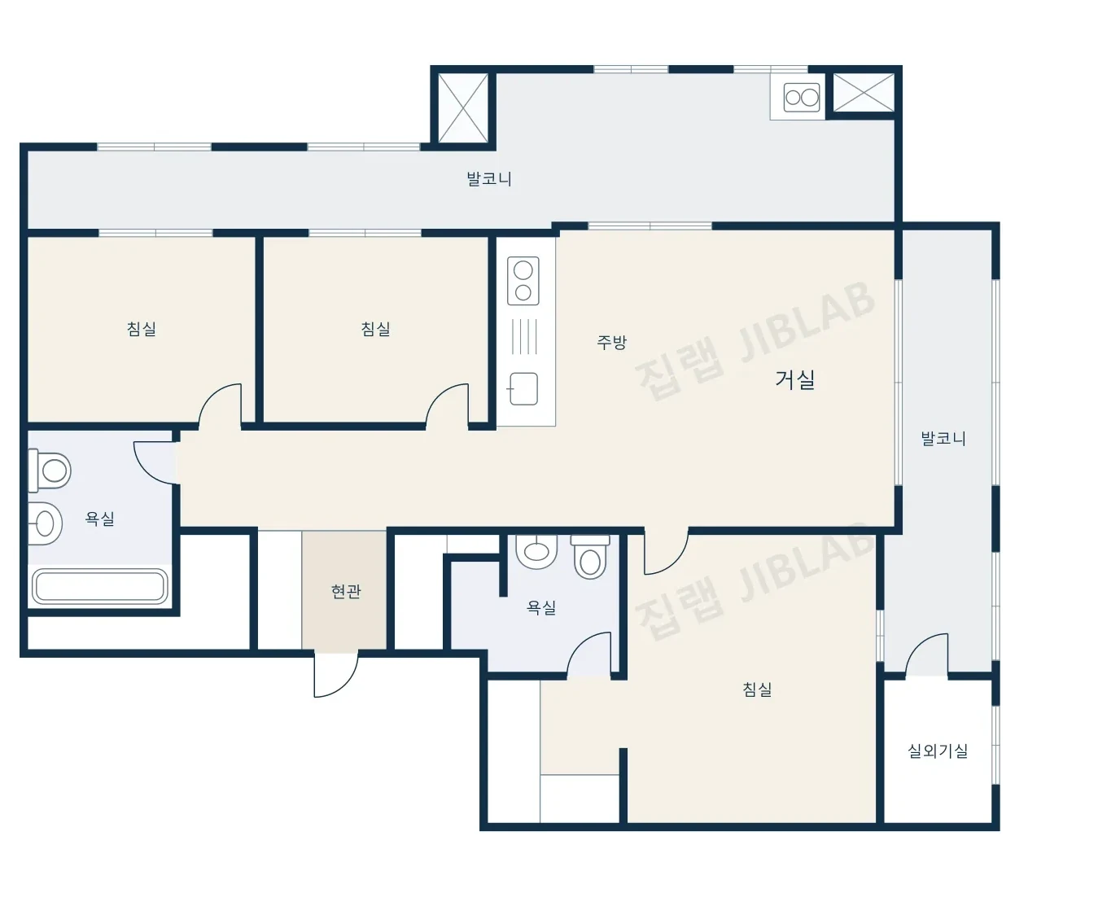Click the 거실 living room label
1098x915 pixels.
[x=794, y=379]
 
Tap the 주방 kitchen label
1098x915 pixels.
[x=611, y=343]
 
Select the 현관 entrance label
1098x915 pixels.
[x=346, y=592]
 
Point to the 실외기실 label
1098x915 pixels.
[x=938, y=751]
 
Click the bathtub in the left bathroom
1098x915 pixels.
[x=100, y=586]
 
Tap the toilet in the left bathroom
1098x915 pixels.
[x=50, y=471]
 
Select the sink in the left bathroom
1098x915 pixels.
[x=45, y=523]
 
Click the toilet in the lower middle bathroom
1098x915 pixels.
[x=590, y=556]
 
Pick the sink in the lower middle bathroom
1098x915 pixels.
[x=536, y=552]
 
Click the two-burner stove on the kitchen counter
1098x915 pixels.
[x=523, y=281]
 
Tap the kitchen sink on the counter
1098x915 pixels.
[x=523, y=388]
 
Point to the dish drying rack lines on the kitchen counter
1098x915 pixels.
[x=524, y=336]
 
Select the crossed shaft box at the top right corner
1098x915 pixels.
[x=864, y=93]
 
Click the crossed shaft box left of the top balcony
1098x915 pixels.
[x=463, y=107]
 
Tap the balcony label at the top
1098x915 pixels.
[x=489, y=179]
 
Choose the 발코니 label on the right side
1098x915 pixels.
[x=943, y=438]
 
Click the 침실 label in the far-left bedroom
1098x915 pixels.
[x=142, y=329]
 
